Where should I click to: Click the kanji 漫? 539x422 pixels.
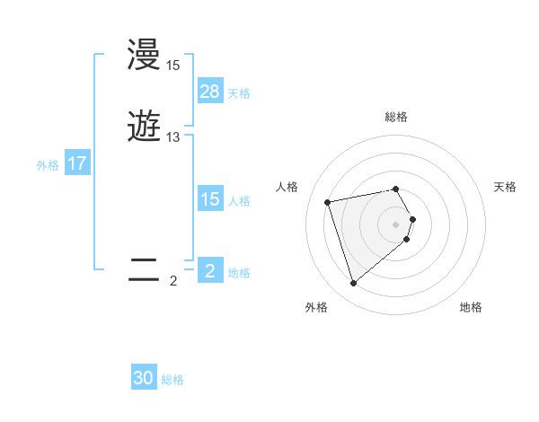click(145, 56)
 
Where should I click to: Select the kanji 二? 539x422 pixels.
click(145, 270)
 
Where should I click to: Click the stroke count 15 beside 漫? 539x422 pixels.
click(172, 66)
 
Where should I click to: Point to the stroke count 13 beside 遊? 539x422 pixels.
click(172, 137)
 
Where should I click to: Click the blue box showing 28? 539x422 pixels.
click(209, 92)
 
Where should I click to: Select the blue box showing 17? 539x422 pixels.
click(77, 164)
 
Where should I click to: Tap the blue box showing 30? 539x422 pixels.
click(144, 378)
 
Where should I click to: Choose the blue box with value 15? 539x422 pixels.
click(209, 199)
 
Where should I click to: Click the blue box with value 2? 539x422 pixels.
click(209, 271)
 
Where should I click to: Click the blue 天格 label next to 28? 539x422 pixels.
click(239, 93)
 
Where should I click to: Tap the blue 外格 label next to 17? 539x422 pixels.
click(48, 165)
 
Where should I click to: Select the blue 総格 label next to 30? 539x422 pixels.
click(172, 380)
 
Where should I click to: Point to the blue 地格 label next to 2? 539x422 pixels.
click(239, 273)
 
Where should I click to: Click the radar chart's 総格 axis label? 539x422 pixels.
click(396, 117)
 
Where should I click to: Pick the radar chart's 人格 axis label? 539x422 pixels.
click(287, 187)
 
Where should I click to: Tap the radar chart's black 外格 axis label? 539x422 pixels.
click(316, 308)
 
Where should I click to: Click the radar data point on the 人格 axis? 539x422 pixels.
click(328, 201)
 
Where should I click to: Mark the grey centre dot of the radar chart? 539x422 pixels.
click(396, 223)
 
